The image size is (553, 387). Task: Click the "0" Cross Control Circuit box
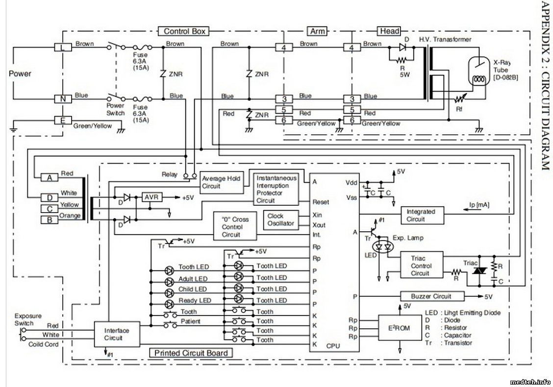(x=235, y=227)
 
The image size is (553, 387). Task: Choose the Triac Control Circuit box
(x=420, y=266)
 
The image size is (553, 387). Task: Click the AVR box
(x=150, y=197)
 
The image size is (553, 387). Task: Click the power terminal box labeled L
(x=62, y=47)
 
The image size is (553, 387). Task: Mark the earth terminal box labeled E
(x=62, y=121)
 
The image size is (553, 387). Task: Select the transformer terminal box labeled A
(x=49, y=177)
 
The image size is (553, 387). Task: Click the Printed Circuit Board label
(x=191, y=353)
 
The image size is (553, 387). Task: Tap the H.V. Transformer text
(x=445, y=39)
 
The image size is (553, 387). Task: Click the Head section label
(x=389, y=31)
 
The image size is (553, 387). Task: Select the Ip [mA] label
(x=479, y=204)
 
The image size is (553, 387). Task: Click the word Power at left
(x=20, y=73)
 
